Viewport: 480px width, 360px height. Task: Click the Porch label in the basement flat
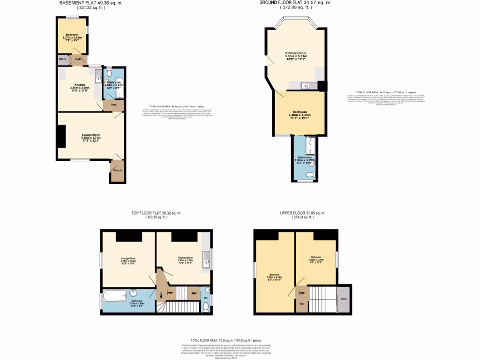[117, 170]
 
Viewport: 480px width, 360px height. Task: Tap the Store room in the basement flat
[63, 60]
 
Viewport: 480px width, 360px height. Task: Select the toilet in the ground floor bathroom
[309, 174]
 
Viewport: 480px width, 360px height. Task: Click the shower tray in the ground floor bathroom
[310, 146]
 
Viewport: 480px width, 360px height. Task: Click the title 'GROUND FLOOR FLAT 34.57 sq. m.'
[295, 3]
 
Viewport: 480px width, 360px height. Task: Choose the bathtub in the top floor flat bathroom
[115, 296]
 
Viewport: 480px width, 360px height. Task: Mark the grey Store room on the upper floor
[344, 298]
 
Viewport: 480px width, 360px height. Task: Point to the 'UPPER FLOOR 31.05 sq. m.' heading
[302, 213]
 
